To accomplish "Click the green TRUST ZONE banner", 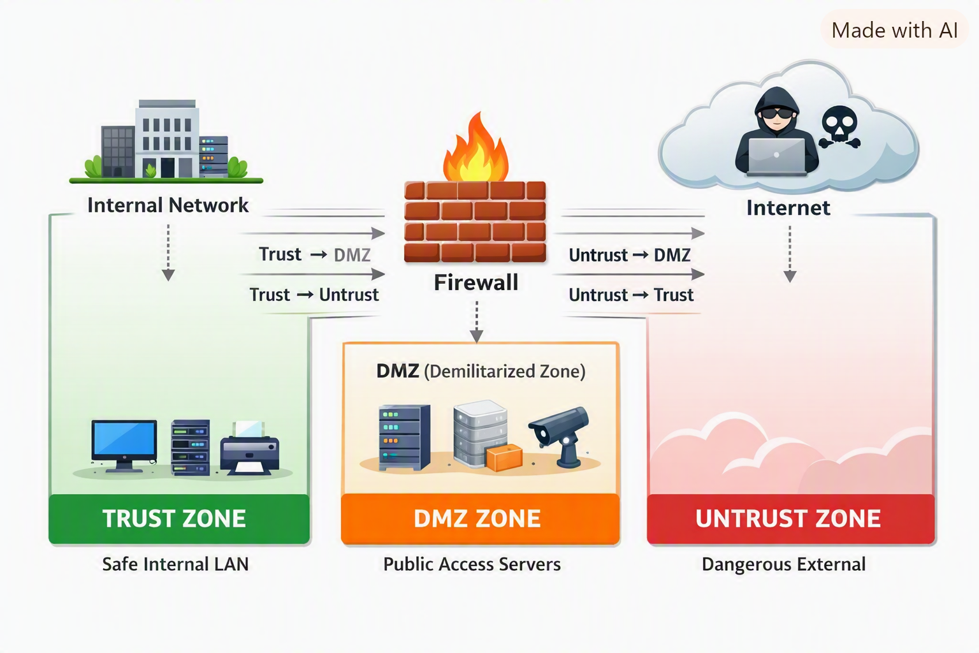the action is pos(179,518).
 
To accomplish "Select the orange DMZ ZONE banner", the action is pos(481,518).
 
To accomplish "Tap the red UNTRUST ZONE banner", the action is pos(790,518).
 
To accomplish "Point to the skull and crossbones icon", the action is pos(839,127).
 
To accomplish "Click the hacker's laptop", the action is pos(777,157).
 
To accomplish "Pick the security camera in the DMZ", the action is pos(560,436).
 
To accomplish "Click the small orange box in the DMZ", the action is pos(504,457).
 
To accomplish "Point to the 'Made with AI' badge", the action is pos(894,30).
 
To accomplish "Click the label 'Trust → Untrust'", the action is pos(314,295).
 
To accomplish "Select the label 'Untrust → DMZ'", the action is pos(629,255).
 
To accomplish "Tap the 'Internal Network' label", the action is pos(168,205).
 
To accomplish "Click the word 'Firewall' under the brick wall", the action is pos(476,282).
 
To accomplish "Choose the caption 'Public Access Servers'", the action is pos(472,564).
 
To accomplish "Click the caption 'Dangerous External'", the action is pos(783,564).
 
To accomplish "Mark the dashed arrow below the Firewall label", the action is pos(476,321).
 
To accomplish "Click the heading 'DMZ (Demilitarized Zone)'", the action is pos(481,371).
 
